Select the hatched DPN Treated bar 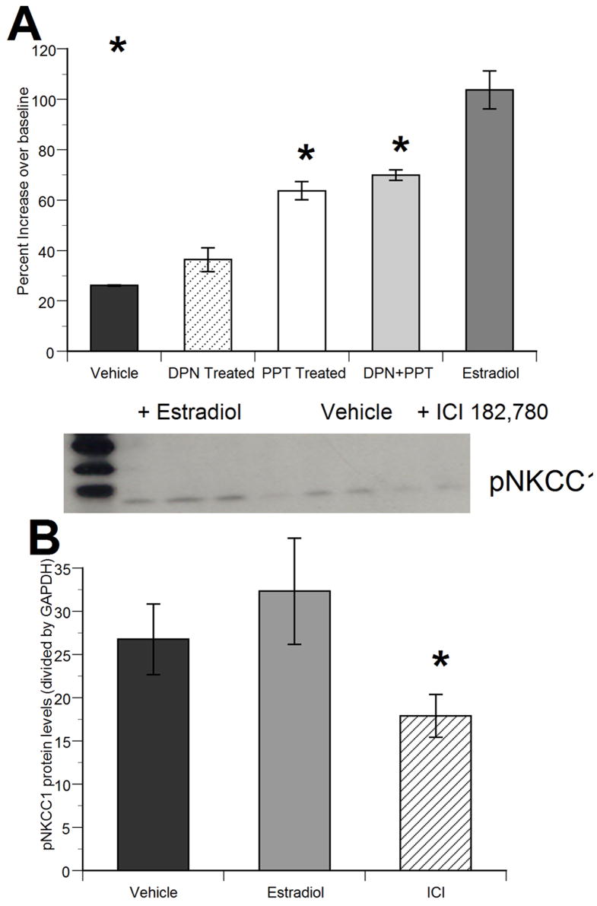tap(208, 305)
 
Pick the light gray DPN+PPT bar tap(395, 263)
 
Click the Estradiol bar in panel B tap(294, 730)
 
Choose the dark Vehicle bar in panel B tap(153, 753)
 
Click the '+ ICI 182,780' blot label tap(483, 412)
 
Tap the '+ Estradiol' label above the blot tap(189, 412)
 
